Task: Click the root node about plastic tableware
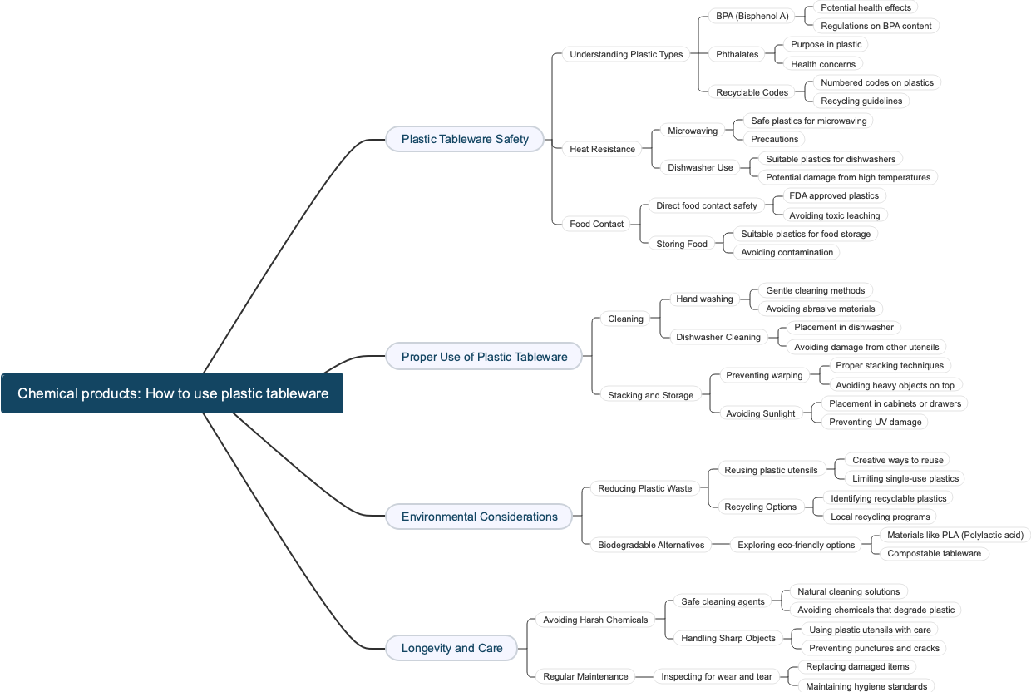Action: (172, 393)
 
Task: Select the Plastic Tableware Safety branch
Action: (465, 139)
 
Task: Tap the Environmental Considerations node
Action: (479, 517)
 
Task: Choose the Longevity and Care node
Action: (451, 648)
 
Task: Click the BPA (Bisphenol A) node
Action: (752, 16)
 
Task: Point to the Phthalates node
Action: (737, 54)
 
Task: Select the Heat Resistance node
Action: (602, 149)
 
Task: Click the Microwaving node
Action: (692, 131)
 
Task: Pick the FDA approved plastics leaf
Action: (833, 195)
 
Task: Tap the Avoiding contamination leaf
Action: (787, 252)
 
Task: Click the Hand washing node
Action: (704, 299)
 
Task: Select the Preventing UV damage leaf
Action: (875, 422)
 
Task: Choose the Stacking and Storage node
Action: (650, 395)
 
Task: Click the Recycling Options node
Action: (760, 507)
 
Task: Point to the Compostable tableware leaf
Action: (934, 553)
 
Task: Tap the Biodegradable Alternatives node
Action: (650, 545)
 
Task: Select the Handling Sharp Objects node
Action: (728, 638)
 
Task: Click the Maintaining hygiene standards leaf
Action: (866, 686)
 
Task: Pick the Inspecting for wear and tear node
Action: (716, 676)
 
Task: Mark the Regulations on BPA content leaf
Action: (876, 26)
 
